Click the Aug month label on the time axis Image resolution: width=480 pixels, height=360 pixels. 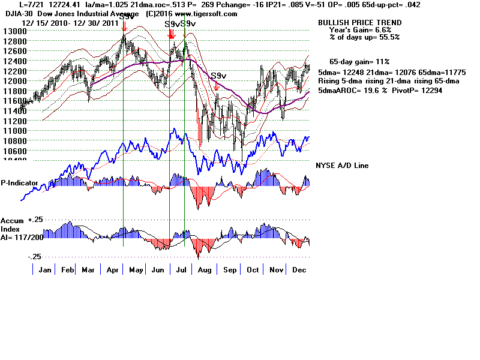pyautogui.click(x=205, y=269)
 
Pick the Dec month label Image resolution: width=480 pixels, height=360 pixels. pyautogui.click(x=298, y=269)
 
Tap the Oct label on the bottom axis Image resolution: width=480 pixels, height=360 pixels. pyautogui.click(x=253, y=269)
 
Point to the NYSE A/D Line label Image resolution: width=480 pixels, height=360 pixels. pyautogui.click(x=342, y=166)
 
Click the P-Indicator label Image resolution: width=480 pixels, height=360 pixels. pyautogui.click(x=20, y=182)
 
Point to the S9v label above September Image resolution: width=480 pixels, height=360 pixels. pyautogui.click(x=218, y=76)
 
